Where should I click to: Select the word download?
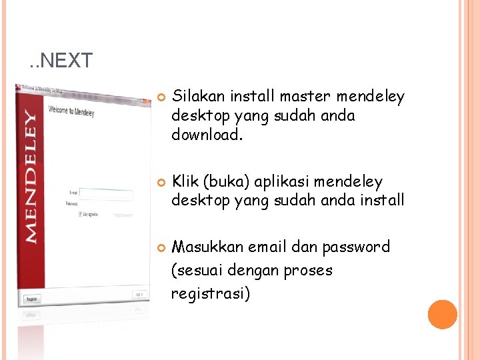point(203,135)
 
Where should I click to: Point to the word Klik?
point(186,181)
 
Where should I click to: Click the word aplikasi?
point(278,181)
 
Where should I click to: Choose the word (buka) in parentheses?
point(225,181)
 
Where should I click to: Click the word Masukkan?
point(207,247)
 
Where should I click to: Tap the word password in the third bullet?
point(356,247)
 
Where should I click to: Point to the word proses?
point(308,271)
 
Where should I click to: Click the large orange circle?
point(442,315)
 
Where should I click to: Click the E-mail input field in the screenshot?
point(106,194)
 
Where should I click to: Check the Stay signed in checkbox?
point(81,214)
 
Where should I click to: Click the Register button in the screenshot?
point(32,299)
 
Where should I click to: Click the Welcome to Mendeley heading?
point(71,111)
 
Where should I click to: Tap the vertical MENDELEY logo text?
point(30,176)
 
